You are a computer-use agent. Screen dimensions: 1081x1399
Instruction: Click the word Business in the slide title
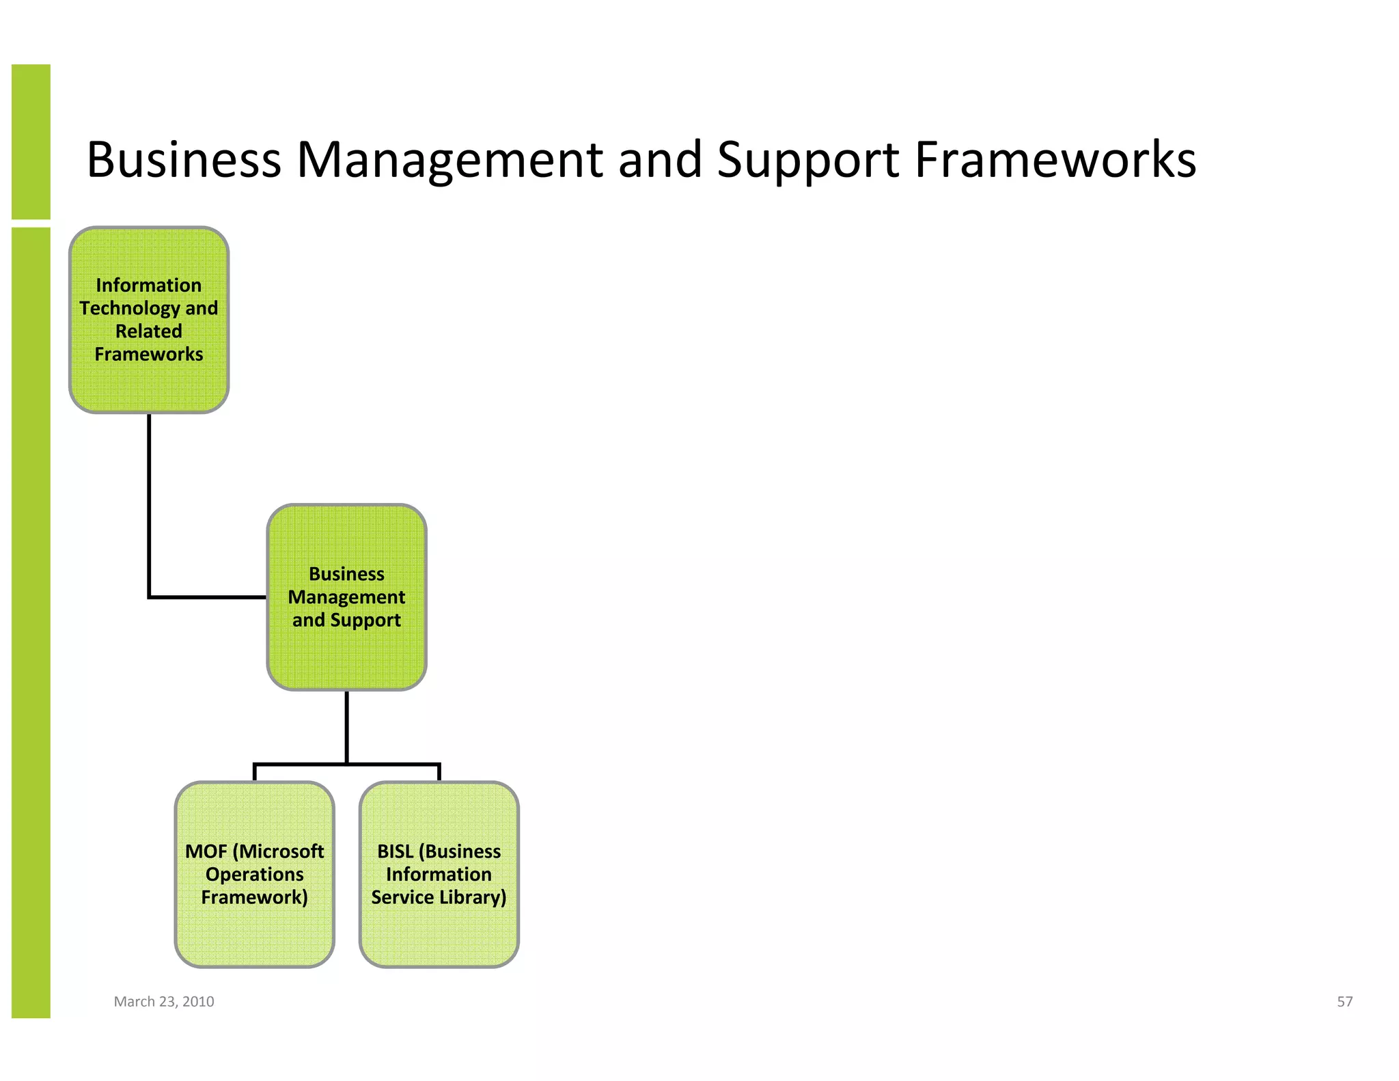pyautogui.click(x=184, y=160)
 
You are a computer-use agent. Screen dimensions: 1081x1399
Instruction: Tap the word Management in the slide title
pyautogui.click(x=449, y=160)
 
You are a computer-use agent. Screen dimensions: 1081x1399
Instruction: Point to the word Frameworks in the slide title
pyautogui.click(x=1055, y=160)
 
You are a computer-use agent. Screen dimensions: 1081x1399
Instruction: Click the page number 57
pyautogui.click(x=1344, y=1002)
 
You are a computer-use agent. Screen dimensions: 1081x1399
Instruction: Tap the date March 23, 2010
pyautogui.click(x=164, y=1002)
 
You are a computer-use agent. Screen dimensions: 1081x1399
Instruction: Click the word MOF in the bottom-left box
pyautogui.click(x=206, y=851)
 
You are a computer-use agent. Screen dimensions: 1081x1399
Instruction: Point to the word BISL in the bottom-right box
pyautogui.click(x=395, y=851)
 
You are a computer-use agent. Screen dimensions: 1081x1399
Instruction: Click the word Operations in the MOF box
pyautogui.click(x=254, y=875)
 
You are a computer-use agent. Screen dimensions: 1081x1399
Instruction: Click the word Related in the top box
pyautogui.click(x=149, y=331)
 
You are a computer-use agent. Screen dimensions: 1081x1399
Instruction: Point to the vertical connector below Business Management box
pyautogui.click(x=346, y=726)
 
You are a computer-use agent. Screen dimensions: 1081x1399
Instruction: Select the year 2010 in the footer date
pyautogui.click(x=198, y=1002)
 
